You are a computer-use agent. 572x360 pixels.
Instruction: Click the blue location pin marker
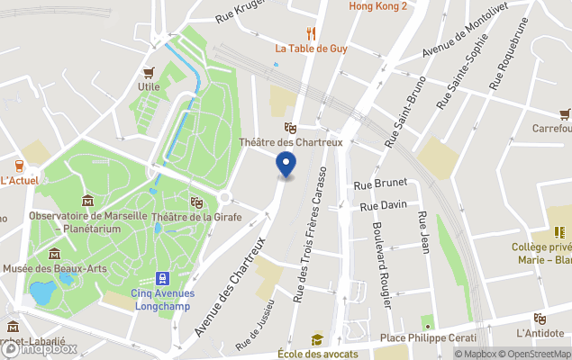[286, 164]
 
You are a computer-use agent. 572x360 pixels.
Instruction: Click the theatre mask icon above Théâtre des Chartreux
[290, 128]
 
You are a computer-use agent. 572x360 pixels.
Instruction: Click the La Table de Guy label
[313, 49]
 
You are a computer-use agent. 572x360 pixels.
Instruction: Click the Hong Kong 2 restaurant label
[378, 6]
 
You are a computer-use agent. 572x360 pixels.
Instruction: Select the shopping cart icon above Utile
[149, 72]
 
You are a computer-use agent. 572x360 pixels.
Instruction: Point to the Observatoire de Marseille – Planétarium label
[87, 221]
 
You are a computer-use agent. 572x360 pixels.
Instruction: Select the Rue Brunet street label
[376, 184]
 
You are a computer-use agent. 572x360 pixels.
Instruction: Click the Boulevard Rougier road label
[381, 265]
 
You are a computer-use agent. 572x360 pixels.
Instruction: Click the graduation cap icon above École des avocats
[317, 339]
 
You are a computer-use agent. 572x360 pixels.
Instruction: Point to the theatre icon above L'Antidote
[540, 319]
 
